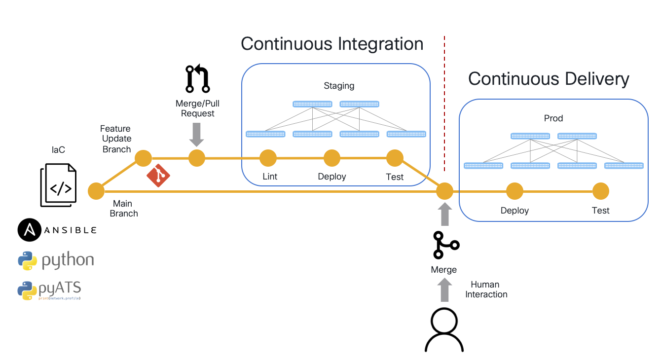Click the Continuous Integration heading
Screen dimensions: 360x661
coord(332,44)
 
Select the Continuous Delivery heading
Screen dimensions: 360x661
coord(549,79)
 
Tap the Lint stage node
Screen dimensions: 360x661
coord(268,158)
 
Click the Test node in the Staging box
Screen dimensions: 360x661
coord(395,158)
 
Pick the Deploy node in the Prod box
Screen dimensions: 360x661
coord(514,191)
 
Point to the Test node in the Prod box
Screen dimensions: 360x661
coord(600,191)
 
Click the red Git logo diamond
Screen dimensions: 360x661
coord(158,175)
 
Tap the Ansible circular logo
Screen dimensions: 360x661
coord(29,230)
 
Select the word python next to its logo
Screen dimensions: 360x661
coord(68,260)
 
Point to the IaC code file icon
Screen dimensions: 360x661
coord(58,185)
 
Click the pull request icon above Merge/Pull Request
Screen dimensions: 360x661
coord(197,78)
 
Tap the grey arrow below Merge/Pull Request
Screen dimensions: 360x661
coord(197,134)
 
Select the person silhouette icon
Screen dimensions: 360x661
coord(444,329)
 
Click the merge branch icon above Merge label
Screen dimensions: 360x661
coord(445,245)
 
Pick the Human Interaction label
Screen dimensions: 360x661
coord(486,289)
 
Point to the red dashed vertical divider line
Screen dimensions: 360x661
coord(444,99)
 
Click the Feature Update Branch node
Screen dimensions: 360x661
coord(143,158)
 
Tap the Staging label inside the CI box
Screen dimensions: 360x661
coord(339,86)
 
